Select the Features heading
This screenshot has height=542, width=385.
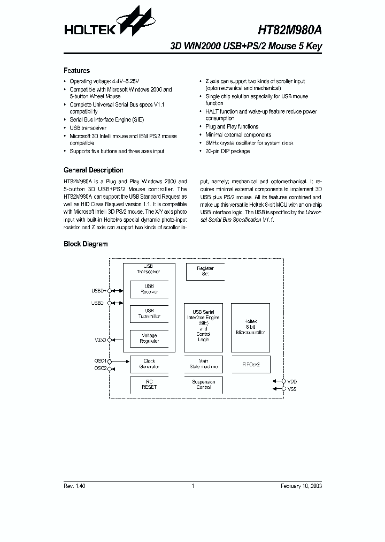click(x=77, y=71)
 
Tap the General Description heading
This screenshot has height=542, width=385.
click(x=94, y=170)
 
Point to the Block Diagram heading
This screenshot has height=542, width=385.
click(x=86, y=244)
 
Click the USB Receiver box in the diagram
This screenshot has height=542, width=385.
click(x=149, y=289)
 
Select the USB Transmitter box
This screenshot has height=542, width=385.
click(x=149, y=314)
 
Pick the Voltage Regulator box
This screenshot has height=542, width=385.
click(x=149, y=338)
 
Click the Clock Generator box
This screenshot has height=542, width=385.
click(x=149, y=364)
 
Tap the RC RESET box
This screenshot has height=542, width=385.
click(x=149, y=385)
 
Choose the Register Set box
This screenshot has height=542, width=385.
click(x=205, y=271)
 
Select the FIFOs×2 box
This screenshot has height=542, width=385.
click(x=250, y=364)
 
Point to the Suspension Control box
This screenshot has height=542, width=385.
click(x=203, y=385)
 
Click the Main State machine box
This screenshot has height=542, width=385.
click(x=203, y=364)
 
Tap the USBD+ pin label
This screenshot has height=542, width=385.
click(x=99, y=291)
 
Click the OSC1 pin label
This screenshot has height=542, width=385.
click(x=101, y=361)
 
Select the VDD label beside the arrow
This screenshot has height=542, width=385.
click(x=292, y=381)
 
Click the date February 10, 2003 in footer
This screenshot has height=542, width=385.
click(x=301, y=486)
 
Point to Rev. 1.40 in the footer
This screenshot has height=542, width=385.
click(x=74, y=486)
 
